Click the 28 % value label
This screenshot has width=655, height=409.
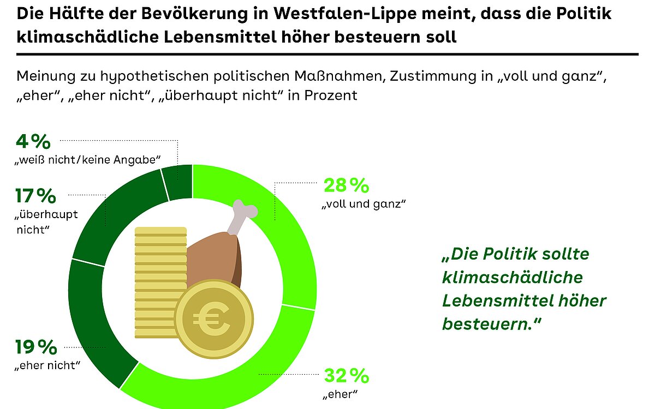click(x=347, y=186)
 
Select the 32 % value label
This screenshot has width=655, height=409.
click(x=347, y=376)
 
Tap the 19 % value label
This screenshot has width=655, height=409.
click(x=35, y=347)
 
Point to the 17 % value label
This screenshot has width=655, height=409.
click(x=35, y=195)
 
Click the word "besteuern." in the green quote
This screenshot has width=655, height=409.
click(x=487, y=323)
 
